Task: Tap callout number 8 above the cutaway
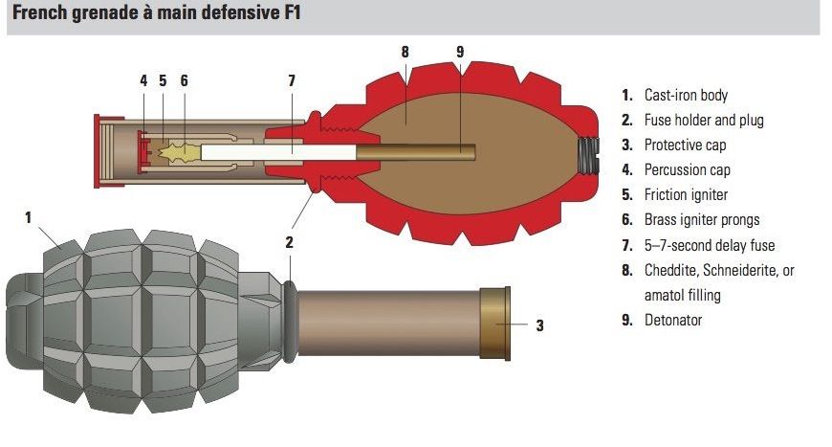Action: click(x=405, y=52)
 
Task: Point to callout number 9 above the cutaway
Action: click(x=460, y=52)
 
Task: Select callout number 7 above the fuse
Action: click(x=292, y=80)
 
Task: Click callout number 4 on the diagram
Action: click(x=143, y=80)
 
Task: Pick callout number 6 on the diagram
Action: click(x=183, y=80)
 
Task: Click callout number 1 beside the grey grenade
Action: click(x=29, y=218)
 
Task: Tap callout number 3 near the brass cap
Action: click(x=539, y=325)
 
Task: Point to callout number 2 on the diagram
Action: click(x=289, y=242)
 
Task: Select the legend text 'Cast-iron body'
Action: click(x=686, y=95)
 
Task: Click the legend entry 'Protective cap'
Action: click(x=685, y=145)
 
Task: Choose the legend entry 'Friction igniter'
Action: click(x=686, y=194)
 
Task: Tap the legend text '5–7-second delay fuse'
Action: click(x=709, y=245)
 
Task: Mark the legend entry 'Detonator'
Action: click(x=673, y=320)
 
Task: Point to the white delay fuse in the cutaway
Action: click(x=277, y=150)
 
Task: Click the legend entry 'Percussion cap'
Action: click(x=687, y=169)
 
